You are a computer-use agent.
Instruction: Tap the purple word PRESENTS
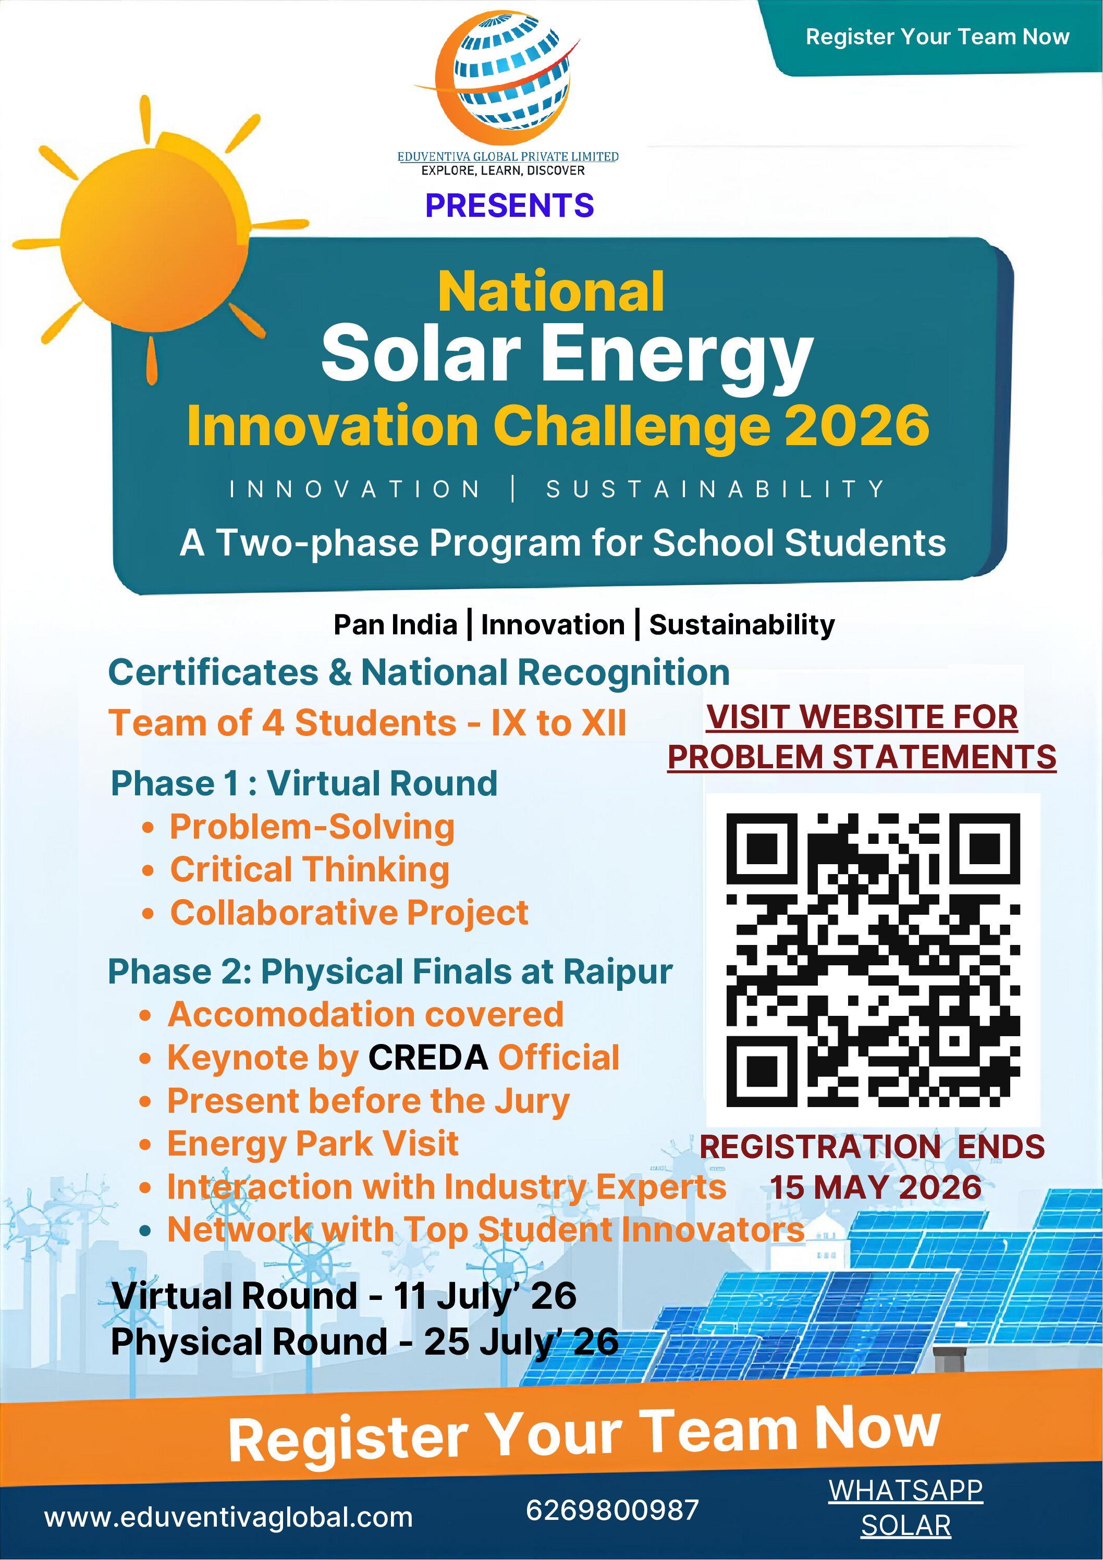tap(509, 205)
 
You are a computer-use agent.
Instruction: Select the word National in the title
tap(550, 292)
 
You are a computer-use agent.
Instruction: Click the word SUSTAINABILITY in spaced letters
tap(715, 489)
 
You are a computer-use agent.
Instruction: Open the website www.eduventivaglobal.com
tap(228, 1517)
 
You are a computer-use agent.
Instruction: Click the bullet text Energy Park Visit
tap(313, 1144)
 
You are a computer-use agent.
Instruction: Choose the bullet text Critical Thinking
tap(309, 870)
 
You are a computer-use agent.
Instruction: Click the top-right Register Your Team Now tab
tap(937, 36)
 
